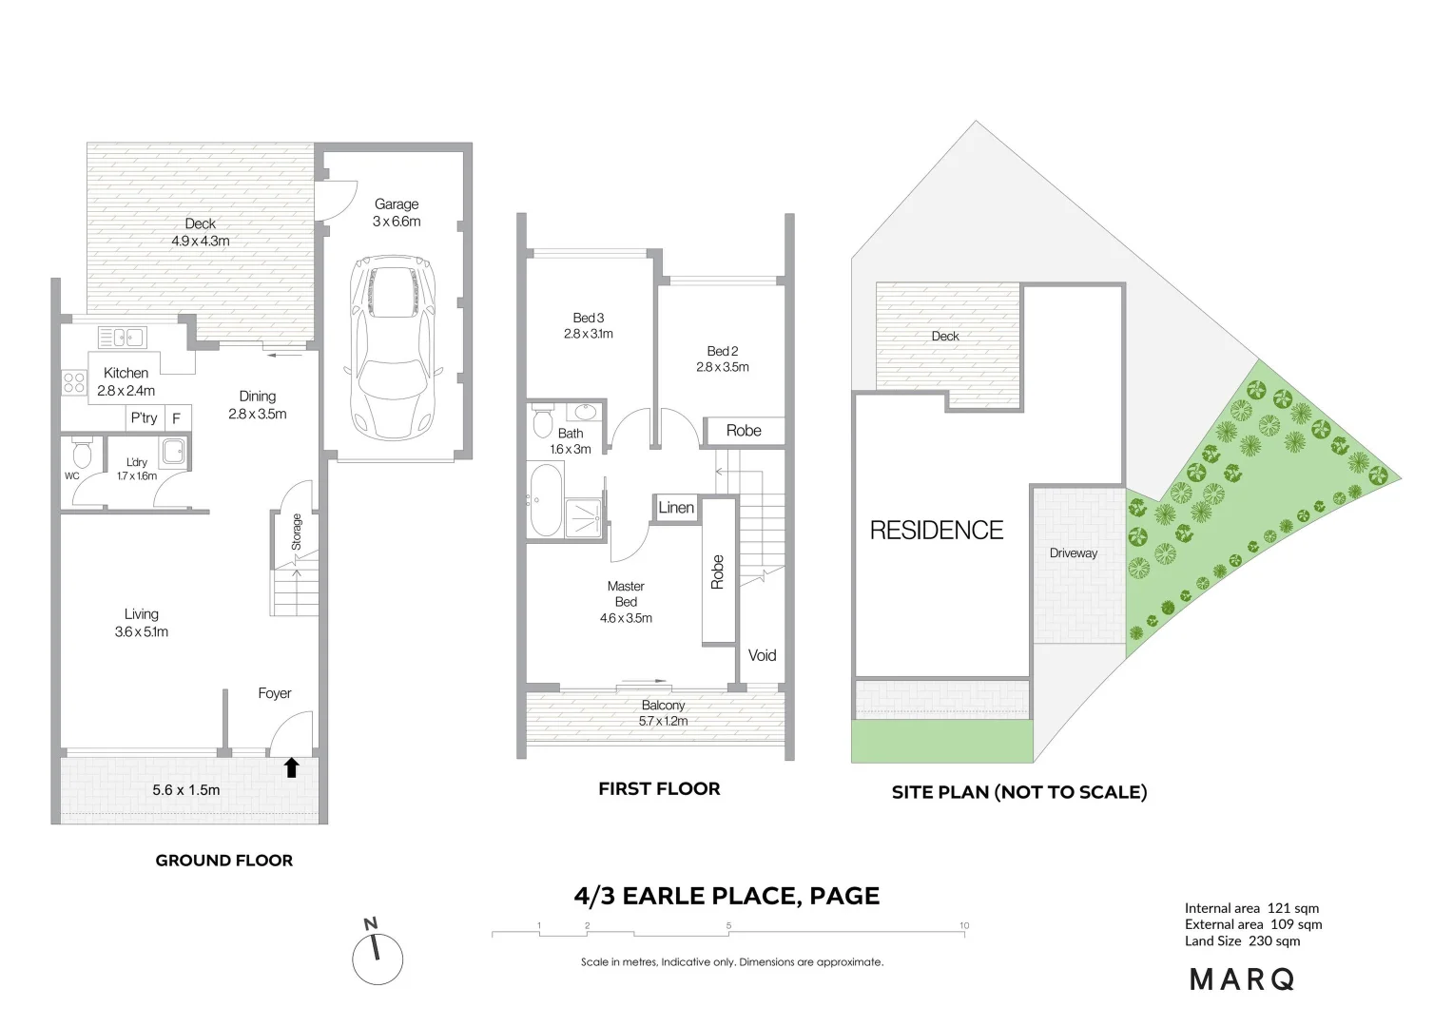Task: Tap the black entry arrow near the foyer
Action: point(292,767)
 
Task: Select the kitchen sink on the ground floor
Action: point(122,336)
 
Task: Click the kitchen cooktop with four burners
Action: point(73,382)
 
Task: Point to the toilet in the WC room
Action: point(82,450)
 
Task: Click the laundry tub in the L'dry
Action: point(173,452)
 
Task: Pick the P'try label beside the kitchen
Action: point(144,418)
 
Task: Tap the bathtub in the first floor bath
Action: point(545,500)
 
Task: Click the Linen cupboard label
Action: point(676,508)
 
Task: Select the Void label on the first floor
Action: point(762,655)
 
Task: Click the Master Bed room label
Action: point(626,594)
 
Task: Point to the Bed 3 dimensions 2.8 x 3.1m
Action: point(588,334)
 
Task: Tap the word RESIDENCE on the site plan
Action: point(937,531)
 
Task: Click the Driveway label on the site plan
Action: point(1074,553)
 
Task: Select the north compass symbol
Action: point(378,956)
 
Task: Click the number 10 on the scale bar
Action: point(964,925)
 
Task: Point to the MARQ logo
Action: point(1242,979)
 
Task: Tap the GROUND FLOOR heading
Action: point(224,861)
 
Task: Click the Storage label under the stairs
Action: point(297,533)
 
